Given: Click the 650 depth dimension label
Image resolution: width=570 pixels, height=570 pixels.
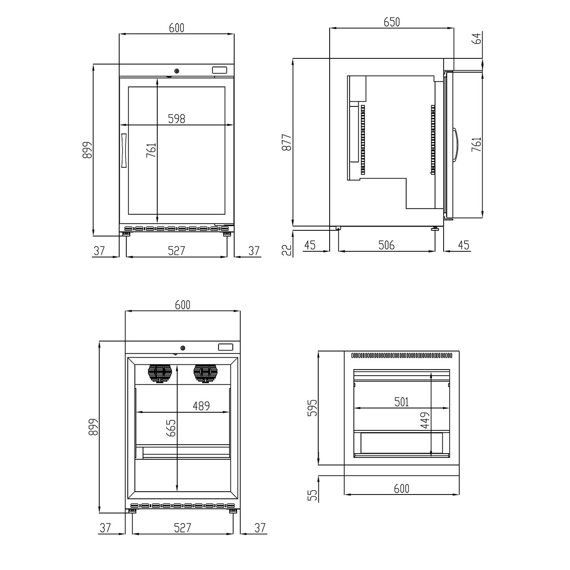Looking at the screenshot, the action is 391,22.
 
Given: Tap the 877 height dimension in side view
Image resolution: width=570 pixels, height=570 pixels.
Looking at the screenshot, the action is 286,142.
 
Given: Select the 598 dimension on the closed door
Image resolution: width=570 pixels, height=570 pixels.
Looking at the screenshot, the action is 177,119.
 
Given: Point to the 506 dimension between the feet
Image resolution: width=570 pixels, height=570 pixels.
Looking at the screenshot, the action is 387,245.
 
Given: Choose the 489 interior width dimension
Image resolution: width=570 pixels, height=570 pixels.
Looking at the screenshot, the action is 201,406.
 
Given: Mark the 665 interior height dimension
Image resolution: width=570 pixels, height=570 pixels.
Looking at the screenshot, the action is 171,428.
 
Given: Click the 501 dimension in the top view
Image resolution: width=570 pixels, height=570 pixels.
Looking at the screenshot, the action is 401,402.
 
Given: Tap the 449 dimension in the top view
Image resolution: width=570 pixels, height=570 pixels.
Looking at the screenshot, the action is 425,420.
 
